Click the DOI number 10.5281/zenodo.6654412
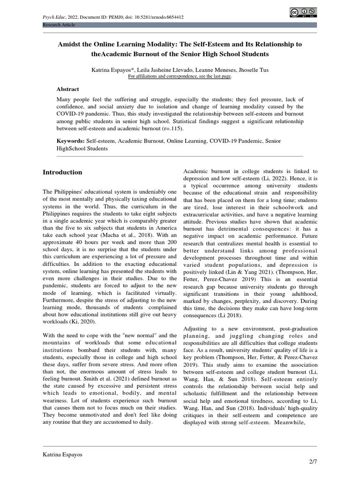(158, 17)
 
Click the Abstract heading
(68, 89)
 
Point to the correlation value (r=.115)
(169, 127)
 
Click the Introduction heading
(62, 172)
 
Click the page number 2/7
(313, 462)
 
